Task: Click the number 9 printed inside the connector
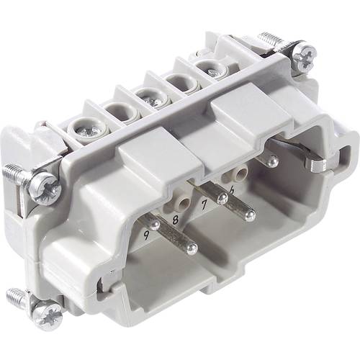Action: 148,233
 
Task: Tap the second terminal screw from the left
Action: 116,114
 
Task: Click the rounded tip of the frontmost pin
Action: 191,249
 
